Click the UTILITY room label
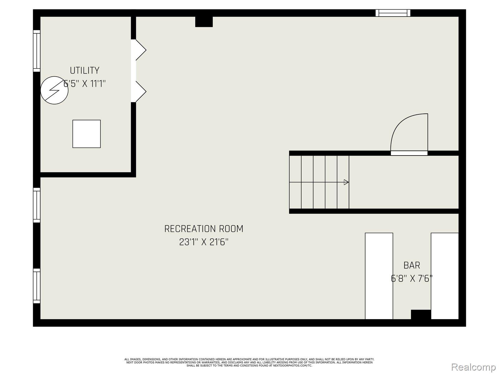85,70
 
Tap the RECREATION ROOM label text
204,229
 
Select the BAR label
412,265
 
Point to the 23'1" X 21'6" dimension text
204,242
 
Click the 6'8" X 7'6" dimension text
412,278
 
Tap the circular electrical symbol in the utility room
54,90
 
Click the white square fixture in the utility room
86,134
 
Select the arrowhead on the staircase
346,182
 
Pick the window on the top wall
393,13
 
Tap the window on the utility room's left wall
37,51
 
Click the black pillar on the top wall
204,22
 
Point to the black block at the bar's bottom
421,314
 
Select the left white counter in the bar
379,276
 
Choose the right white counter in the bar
445,276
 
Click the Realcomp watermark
473,367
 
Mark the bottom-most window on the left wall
37,286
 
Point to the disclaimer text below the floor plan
249,362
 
